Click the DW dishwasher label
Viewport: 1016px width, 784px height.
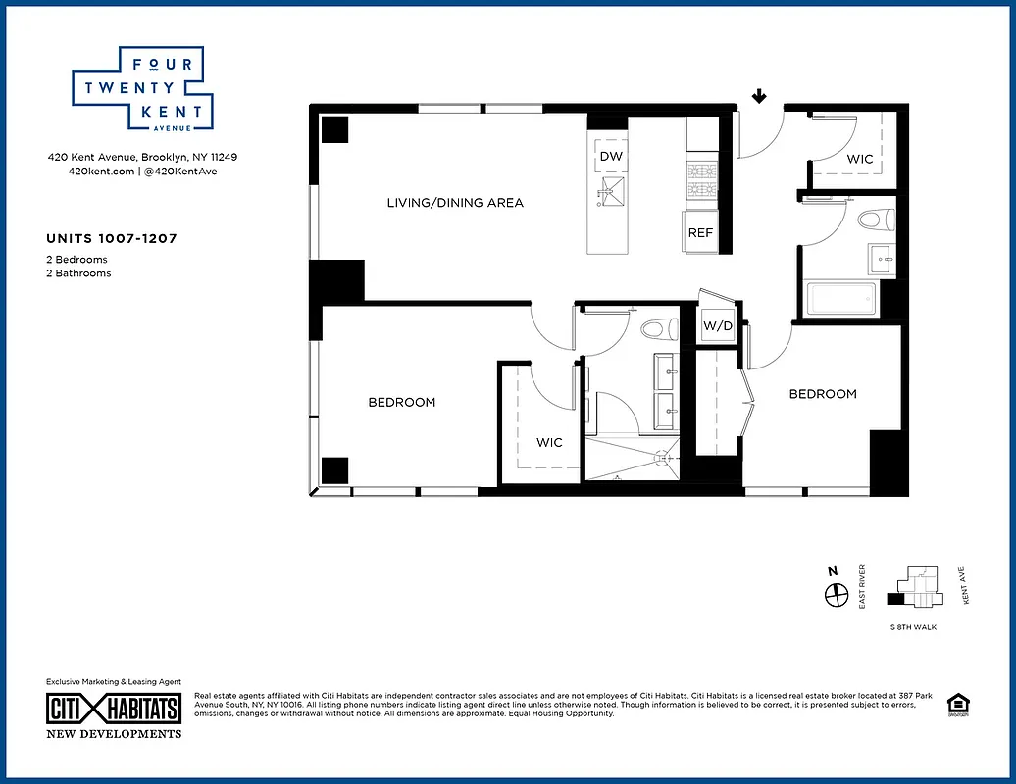[x=611, y=157]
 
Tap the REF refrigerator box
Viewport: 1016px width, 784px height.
[x=700, y=233]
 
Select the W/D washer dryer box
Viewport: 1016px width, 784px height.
[x=718, y=325]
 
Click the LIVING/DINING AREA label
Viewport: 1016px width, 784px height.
[x=455, y=203]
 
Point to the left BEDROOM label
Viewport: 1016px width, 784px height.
[x=402, y=402]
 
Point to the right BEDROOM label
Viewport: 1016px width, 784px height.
[x=823, y=394]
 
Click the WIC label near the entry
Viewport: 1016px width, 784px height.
[x=860, y=158]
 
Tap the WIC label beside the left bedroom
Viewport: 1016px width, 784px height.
[x=549, y=443]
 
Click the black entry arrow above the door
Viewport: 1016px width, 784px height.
[x=758, y=96]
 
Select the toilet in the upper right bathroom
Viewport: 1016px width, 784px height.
[x=871, y=220]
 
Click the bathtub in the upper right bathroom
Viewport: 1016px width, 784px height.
[x=841, y=299]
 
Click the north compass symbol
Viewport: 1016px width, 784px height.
[x=836, y=595]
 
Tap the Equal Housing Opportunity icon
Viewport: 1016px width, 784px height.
[x=955, y=705]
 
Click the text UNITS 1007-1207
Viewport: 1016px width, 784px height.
[x=111, y=238]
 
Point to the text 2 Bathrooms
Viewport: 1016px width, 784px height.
[x=78, y=273]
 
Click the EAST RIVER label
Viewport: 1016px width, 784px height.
[x=862, y=593]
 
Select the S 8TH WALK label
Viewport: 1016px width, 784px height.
[x=913, y=627]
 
